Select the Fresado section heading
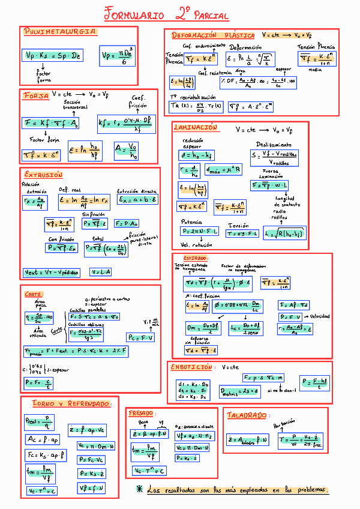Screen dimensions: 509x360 (142, 414)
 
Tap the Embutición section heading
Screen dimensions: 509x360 (192, 366)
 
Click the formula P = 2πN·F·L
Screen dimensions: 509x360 (200, 231)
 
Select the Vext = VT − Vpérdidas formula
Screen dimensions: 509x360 (52, 272)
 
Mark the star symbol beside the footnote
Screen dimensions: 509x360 (140, 489)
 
